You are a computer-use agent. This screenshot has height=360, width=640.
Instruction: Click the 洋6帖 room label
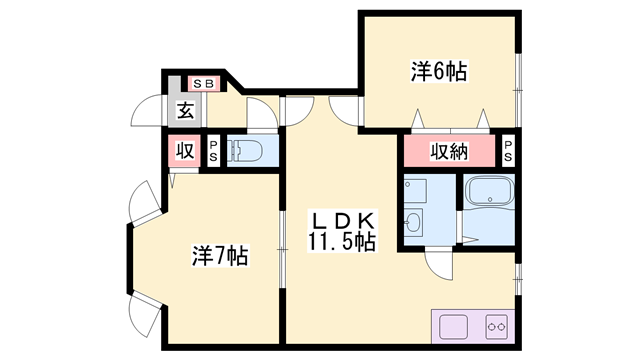click(439, 72)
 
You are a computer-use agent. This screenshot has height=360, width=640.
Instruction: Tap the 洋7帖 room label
click(220, 256)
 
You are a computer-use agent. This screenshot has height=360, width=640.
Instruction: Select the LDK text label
click(343, 221)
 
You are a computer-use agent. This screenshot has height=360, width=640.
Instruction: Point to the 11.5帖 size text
click(342, 241)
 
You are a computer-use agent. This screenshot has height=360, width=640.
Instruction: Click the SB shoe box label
click(204, 84)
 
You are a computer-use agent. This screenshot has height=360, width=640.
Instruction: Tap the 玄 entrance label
click(186, 110)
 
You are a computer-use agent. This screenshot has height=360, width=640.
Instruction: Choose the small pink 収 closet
click(185, 151)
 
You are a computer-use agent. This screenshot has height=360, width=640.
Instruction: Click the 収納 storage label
click(449, 151)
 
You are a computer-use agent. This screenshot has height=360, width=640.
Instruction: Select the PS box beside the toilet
click(213, 151)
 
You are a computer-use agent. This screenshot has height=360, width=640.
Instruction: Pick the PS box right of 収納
click(508, 151)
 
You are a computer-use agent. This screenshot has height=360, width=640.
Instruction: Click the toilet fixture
click(246, 151)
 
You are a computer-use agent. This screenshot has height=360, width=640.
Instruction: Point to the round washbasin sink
click(413, 221)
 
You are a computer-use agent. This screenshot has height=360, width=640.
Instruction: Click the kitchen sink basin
click(453, 327)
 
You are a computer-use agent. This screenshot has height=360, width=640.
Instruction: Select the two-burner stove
click(496, 327)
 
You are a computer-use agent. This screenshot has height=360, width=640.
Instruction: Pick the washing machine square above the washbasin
click(415, 191)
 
